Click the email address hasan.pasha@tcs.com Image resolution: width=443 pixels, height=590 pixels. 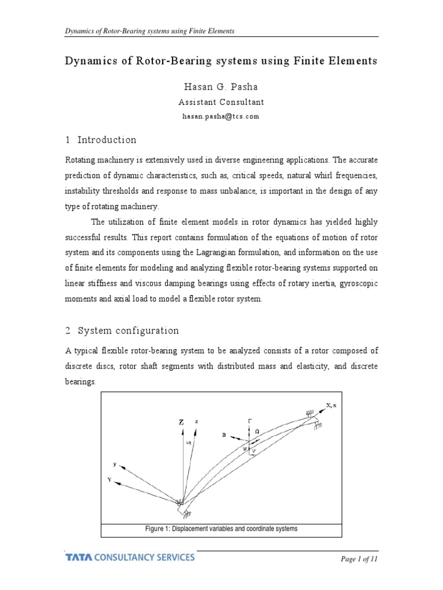221,116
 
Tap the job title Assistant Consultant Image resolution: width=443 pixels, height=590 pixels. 221,102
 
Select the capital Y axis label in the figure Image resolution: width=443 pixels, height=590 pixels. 110,478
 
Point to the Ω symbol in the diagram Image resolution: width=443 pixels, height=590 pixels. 257,431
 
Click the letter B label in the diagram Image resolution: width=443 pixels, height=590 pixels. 224,436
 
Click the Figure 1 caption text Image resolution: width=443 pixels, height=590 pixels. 221,528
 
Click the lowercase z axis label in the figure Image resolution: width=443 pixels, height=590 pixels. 197,422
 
